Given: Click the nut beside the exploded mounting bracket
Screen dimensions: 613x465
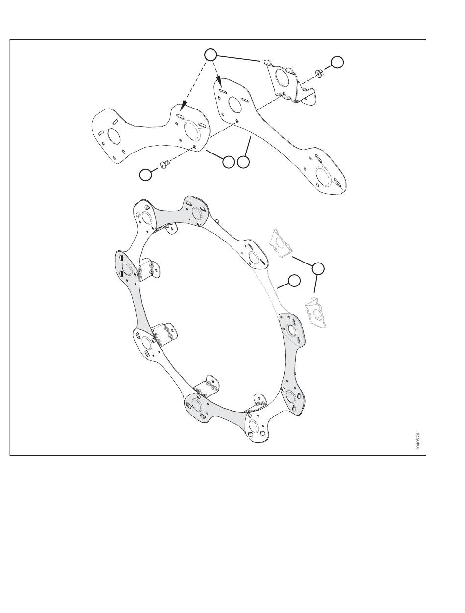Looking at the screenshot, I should (x=319, y=73).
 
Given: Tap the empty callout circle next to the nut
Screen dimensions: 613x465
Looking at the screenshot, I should (x=338, y=62).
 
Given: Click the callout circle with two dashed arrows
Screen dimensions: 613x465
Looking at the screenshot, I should (x=210, y=55).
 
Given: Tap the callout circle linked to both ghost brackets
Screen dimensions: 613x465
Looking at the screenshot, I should (x=318, y=268).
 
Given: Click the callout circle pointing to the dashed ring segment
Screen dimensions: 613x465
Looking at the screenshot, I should (x=294, y=281).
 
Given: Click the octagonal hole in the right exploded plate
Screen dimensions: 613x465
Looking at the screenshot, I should (x=233, y=104).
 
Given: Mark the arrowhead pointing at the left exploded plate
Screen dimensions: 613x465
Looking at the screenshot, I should (x=182, y=106).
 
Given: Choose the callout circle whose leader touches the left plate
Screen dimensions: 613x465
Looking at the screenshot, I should (x=228, y=162).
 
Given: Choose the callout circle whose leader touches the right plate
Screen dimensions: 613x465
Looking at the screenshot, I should (x=243, y=162).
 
